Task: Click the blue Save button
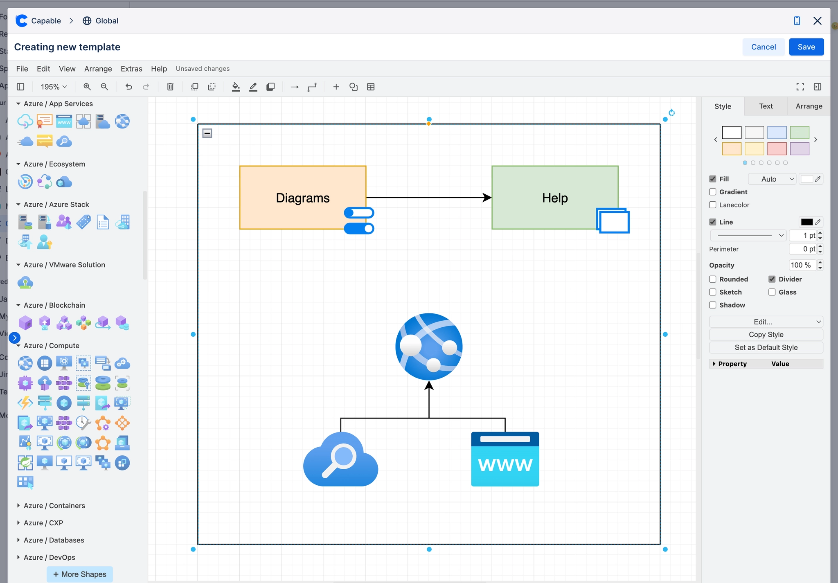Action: coord(806,47)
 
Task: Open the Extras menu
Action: coord(131,69)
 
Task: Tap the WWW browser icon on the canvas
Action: coord(505,459)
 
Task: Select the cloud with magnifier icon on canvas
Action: coord(340,460)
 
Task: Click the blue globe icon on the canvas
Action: coord(429,347)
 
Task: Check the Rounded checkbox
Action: coord(713,279)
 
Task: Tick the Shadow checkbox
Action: coord(713,305)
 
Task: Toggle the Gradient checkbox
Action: coord(713,192)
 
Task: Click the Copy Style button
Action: coord(766,335)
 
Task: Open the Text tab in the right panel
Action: coord(766,106)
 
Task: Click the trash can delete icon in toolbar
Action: coord(170,87)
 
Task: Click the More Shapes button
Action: coord(80,574)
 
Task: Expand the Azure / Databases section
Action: coord(54,540)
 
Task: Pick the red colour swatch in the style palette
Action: coord(777,149)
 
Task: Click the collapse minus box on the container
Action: coord(207,133)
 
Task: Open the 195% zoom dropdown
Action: coord(54,87)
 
